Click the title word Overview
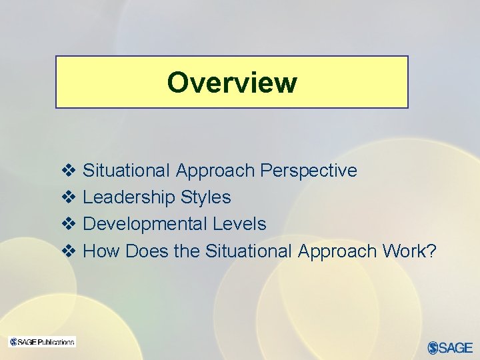click(x=232, y=83)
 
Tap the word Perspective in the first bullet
click(x=309, y=171)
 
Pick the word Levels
click(x=239, y=224)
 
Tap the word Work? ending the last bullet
click(x=409, y=251)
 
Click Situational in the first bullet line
click(x=127, y=171)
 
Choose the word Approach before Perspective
click(x=215, y=171)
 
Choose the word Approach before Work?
click(x=337, y=251)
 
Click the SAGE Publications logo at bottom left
click(x=42, y=342)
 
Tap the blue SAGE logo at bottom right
click(x=450, y=347)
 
